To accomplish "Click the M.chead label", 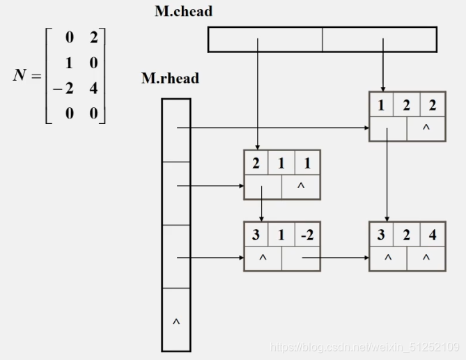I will (x=183, y=11).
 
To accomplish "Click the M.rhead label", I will (x=170, y=78).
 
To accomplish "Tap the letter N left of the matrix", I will (x=20, y=75).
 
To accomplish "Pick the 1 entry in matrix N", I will (x=69, y=63).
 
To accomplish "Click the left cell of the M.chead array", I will (x=265, y=39).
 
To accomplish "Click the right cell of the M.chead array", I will (x=380, y=39).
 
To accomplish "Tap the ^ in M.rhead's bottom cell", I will (x=176, y=322).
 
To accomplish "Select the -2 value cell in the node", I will (x=306, y=235).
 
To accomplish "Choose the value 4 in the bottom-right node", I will (x=433, y=235).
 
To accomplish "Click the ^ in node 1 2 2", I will (x=426, y=128).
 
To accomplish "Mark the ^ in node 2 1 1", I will (x=300, y=187).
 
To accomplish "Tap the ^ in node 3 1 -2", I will (x=263, y=258).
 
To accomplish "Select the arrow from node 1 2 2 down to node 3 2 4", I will (x=388, y=181).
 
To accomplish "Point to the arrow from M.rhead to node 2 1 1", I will (x=209, y=186).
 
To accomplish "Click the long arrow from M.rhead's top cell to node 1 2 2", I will (x=272, y=127).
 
